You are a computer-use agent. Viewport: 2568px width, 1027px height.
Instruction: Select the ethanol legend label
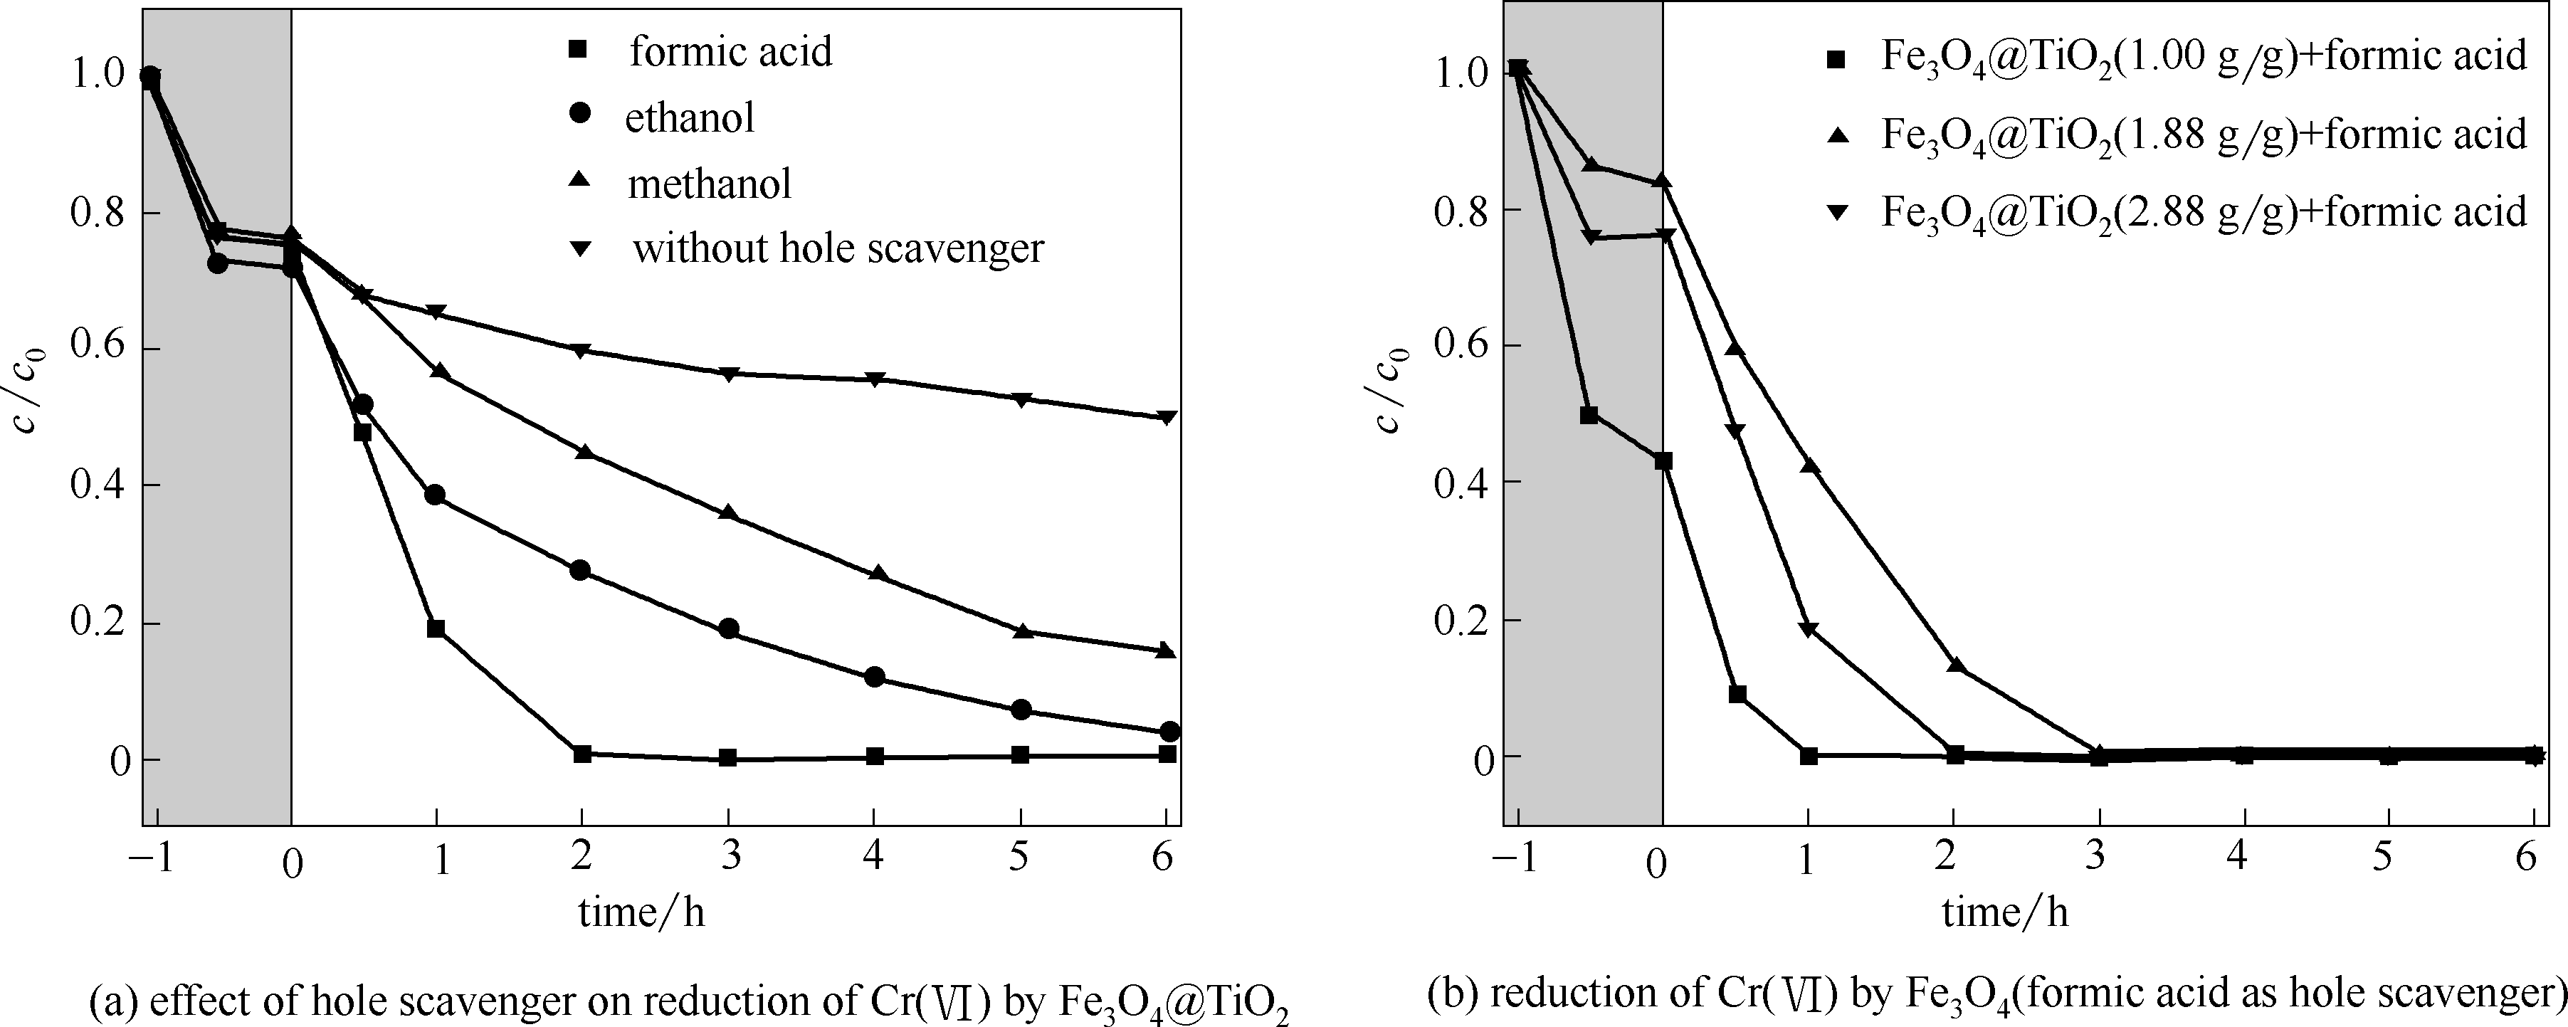point(689,117)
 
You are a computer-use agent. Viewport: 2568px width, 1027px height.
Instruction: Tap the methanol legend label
point(709,184)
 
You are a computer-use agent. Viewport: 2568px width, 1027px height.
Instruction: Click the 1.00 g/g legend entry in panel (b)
point(2203,56)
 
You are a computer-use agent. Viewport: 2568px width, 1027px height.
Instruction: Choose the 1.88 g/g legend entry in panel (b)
point(2203,135)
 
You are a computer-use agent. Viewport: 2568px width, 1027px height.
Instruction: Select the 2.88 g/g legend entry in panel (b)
point(2203,211)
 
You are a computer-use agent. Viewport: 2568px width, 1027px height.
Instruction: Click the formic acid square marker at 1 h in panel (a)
point(436,628)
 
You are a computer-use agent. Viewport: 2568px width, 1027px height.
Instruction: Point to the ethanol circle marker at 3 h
point(729,628)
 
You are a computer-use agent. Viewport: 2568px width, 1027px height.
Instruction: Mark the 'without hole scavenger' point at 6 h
point(1167,417)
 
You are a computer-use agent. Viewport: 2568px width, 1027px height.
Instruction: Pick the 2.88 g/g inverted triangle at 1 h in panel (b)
point(1809,629)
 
